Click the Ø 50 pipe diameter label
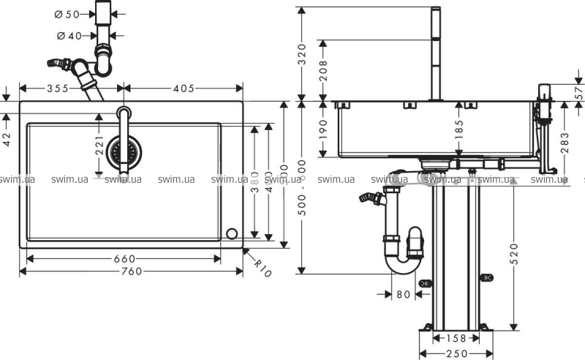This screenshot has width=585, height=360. [68, 14]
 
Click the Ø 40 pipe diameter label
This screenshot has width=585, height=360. [68, 36]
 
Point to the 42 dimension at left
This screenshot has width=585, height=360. [7, 138]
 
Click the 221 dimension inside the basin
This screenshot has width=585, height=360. [99, 148]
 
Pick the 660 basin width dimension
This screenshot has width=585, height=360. [124, 258]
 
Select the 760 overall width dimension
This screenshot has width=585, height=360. [130, 271]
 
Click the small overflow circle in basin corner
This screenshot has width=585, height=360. [232, 233]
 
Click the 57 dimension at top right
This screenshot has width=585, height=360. [579, 93]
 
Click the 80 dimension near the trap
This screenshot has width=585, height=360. [402, 296]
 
